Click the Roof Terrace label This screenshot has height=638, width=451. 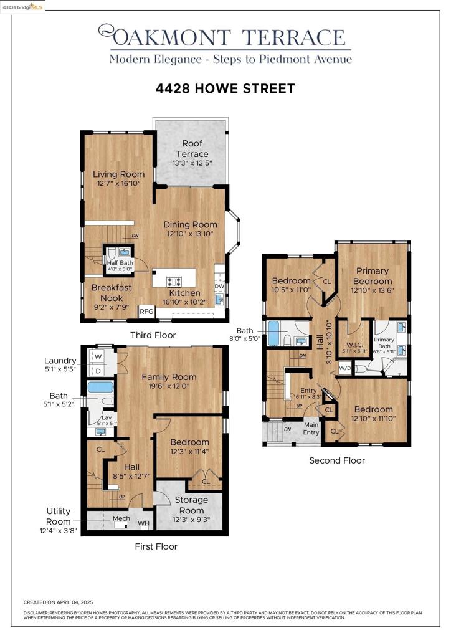click(192, 148)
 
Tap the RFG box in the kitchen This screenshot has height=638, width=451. click(146, 312)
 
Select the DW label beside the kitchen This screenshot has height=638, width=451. click(219, 286)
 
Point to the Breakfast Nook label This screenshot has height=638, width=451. click(112, 293)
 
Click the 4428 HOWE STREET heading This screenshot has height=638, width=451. click(225, 89)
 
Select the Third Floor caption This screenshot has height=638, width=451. click(153, 335)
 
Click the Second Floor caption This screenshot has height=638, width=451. click(337, 460)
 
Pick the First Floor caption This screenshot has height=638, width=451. click(156, 546)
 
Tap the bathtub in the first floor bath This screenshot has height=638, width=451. click(100, 387)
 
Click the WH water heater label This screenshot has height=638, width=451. click(143, 523)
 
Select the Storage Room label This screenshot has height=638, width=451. click(191, 505)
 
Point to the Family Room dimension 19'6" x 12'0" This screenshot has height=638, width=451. click(169, 386)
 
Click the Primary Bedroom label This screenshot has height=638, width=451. click(373, 275)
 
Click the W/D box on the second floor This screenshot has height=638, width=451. click(344, 368)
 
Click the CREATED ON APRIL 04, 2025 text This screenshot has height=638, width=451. click(58, 602)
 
